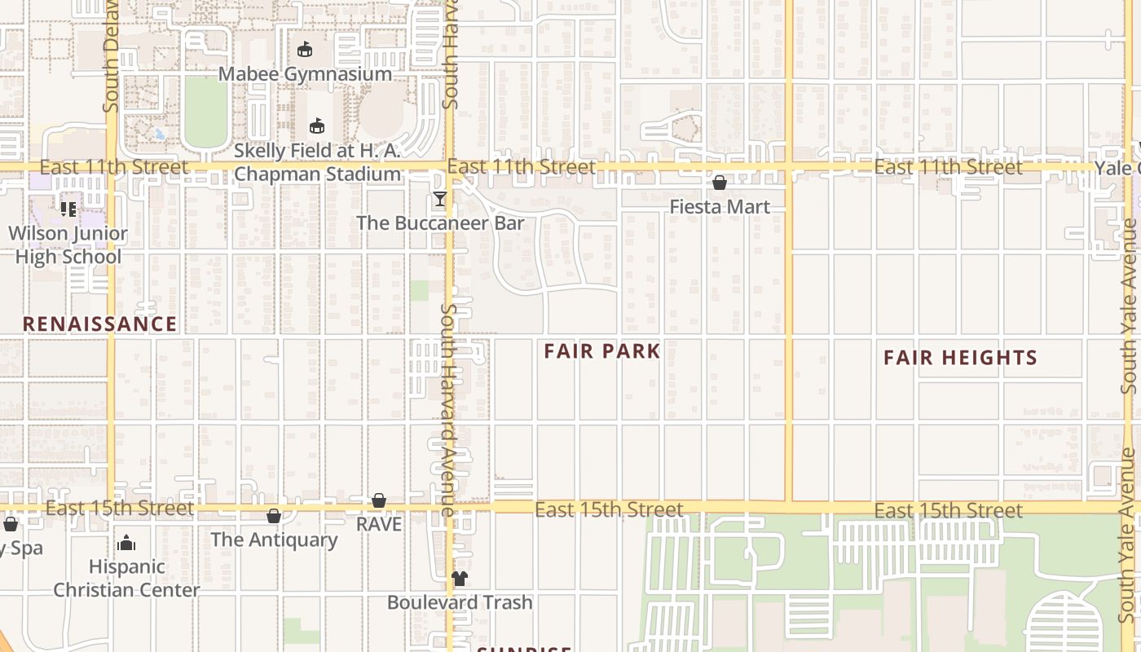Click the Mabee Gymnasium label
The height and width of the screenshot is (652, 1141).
[305, 74]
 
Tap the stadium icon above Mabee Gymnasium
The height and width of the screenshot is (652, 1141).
[305, 51]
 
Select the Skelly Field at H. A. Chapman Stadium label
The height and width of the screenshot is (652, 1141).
[317, 162]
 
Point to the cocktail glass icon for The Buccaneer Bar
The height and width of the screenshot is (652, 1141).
[440, 199]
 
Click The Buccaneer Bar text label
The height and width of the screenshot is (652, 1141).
[440, 222]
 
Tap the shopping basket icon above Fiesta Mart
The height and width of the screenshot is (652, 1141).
[720, 183]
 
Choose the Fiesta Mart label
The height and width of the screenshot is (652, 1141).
[720, 207]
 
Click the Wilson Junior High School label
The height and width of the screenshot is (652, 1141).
[68, 245]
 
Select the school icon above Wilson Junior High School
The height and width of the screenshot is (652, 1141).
[68, 209]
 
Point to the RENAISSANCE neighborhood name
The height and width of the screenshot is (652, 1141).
[99, 324]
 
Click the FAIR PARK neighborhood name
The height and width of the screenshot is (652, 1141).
[601, 351]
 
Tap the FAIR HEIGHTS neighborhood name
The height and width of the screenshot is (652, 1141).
[960, 358]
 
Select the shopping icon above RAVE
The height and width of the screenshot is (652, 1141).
[379, 500]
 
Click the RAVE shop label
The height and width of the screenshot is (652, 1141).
[379, 524]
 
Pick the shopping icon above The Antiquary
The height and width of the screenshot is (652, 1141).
[274, 516]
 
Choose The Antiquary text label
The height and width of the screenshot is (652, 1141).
[274, 540]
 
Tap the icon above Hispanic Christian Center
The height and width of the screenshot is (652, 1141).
[126, 543]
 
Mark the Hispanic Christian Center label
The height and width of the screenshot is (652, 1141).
[126, 578]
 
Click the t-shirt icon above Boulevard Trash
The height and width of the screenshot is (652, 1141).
[460, 579]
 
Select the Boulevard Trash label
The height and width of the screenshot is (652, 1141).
[460, 602]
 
